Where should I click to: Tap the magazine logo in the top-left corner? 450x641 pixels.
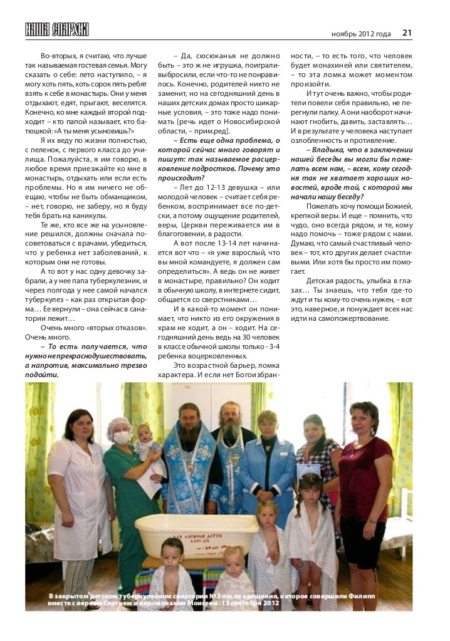pos(57,29)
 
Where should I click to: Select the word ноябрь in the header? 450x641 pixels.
pos(344,33)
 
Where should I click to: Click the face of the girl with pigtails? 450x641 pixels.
pos(310,489)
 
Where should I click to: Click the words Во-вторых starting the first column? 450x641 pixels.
pos(60,55)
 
